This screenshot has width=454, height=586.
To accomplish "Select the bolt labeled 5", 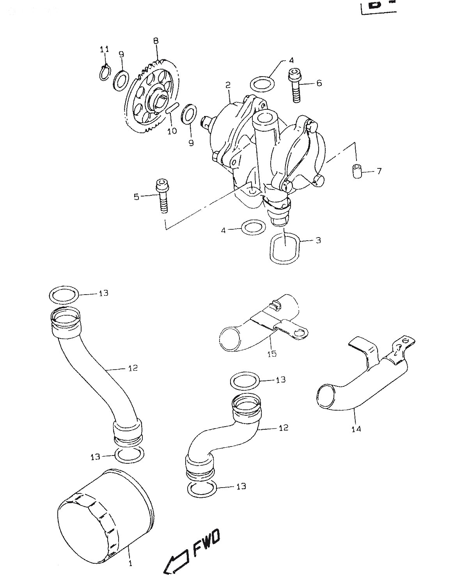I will (162, 196).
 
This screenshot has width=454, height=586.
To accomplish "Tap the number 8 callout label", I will (156, 40).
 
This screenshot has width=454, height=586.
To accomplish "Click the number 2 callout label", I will (228, 85).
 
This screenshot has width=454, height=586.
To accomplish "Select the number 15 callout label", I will (272, 354).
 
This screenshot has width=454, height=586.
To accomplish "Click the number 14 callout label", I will (356, 429).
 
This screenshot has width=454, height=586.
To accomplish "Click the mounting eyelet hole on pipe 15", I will (300, 333).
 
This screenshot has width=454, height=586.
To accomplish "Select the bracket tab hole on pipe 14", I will (408, 341).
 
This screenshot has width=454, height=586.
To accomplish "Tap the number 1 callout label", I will (130, 563).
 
